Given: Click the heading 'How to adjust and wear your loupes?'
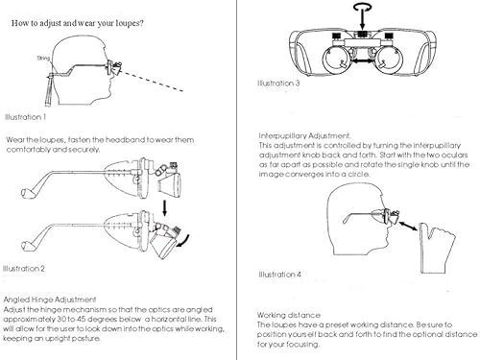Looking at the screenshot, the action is point(77,23).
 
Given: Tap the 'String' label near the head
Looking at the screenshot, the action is point(43,58).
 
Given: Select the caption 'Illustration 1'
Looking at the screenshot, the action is point(25,117).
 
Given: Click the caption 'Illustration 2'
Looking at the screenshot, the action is point(24,268).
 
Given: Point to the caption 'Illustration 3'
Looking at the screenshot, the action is point(278,84).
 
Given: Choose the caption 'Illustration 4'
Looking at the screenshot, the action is point(279,275).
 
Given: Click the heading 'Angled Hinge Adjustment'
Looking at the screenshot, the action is point(50,300).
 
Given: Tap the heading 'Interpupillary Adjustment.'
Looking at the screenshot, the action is point(304,135).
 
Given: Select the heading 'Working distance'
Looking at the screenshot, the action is point(289,315).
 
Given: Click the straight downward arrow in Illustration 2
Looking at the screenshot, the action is point(165,207).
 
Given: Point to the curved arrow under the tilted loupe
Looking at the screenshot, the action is point(183,242).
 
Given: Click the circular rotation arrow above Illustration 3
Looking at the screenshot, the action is point(363,7).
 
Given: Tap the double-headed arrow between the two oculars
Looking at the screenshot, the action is point(363,60).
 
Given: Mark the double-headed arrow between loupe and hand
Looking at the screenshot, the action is point(408,225).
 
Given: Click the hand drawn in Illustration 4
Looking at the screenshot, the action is point(437,248).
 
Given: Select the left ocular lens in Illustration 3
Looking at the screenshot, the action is point(336,60).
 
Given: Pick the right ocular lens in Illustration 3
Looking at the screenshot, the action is point(389,60).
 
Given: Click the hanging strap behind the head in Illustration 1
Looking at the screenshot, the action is point(50,91).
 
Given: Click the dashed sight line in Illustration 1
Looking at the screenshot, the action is point(153,82).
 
